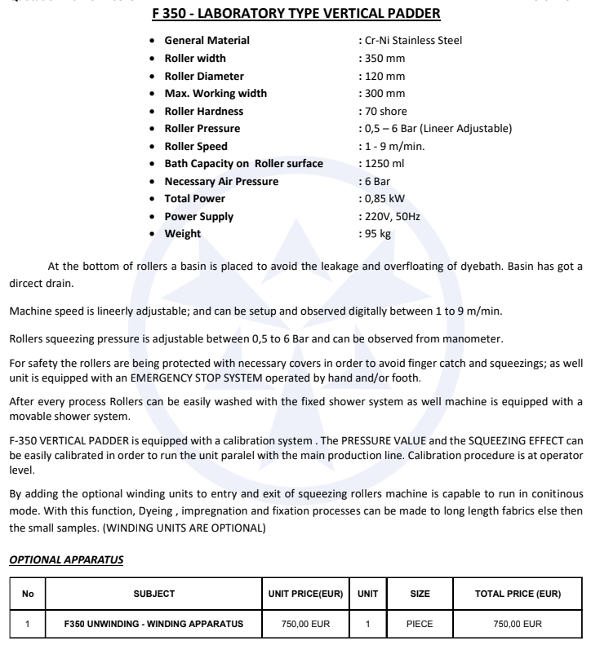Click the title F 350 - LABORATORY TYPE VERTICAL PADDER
(x=299, y=14)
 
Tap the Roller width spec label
(x=195, y=59)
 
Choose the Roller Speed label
(x=196, y=147)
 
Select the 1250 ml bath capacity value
(x=384, y=164)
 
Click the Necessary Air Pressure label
(x=221, y=182)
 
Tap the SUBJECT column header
(x=154, y=594)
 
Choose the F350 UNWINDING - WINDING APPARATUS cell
(x=154, y=624)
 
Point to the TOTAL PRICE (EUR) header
(x=518, y=594)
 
